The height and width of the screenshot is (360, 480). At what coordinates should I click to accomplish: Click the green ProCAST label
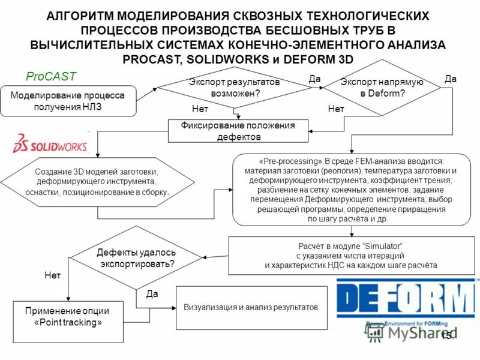point(51,77)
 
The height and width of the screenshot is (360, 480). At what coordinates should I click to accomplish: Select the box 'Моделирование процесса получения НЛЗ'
point(68,101)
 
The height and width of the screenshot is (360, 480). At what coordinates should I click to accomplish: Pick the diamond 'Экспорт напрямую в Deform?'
point(383,88)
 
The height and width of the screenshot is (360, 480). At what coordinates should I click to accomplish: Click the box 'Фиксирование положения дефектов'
point(238,131)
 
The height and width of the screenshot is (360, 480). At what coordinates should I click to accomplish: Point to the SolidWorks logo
point(50,145)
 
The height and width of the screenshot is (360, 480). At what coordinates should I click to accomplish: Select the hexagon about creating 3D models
point(96,181)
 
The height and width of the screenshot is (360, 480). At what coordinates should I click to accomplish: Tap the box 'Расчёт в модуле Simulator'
point(350,256)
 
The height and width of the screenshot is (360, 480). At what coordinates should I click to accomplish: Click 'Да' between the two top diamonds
point(315,79)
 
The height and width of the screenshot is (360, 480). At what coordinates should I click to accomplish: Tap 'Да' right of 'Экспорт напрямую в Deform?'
point(451,79)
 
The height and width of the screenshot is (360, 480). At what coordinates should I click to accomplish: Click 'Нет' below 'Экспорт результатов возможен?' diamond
point(200,109)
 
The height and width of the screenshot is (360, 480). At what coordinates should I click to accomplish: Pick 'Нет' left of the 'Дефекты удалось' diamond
point(53,275)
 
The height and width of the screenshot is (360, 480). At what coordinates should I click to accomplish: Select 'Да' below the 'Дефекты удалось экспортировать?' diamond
point(152,295)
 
